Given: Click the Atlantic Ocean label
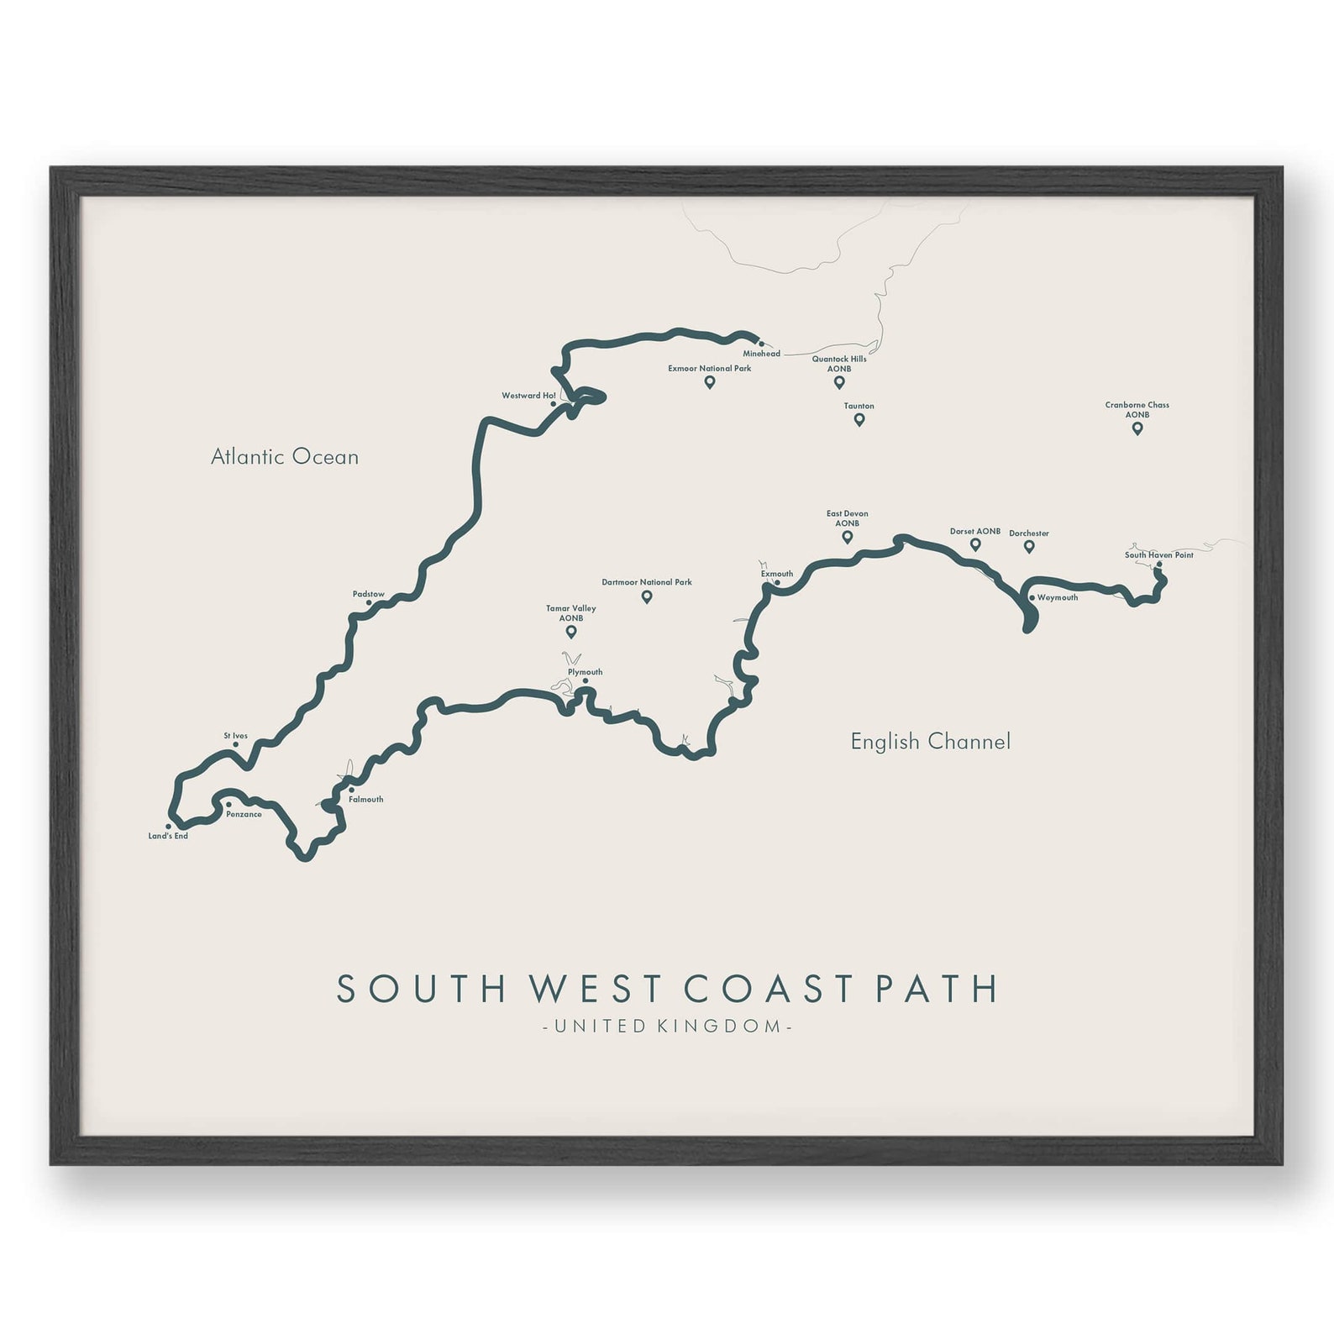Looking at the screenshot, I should [285, 457].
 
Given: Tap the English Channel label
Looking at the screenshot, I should [930, 741].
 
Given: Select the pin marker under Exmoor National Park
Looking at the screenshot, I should [710, 382].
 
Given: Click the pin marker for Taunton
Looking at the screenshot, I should [859, 419].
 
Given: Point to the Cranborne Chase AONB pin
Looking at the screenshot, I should [1137, 428].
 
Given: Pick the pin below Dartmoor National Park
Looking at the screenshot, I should [647, 596].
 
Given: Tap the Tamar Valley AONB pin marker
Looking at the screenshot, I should [571, 632].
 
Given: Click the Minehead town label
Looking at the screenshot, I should [761, 354].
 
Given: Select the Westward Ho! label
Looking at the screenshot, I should [528, 396].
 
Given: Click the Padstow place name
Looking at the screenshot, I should [369, 594].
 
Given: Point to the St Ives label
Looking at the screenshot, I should [235, 736].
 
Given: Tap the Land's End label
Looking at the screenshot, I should [168, 836].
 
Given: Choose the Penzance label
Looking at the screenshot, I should [244, 814].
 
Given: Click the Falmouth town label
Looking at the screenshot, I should [365, 799].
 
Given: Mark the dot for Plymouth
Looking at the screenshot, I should [586, 681].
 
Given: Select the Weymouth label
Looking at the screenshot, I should [1057, 597].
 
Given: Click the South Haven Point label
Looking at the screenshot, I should [1158, 555].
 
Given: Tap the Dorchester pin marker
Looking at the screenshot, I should [1029, 547].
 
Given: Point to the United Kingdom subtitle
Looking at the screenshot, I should [667, 1026].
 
